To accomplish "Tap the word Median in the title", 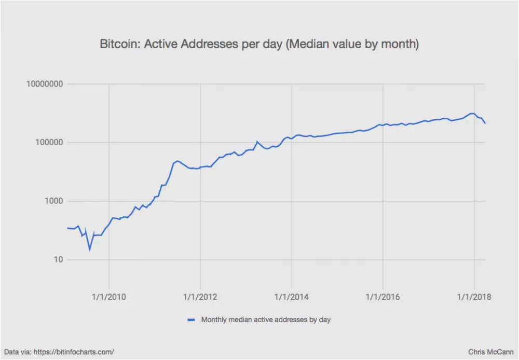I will tap(308, 45).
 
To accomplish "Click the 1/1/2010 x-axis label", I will tap(109, 297).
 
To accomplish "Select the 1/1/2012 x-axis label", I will tap(200, 297).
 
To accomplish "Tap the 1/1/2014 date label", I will tap(292, 297).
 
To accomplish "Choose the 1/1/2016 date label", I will tap(383, 297).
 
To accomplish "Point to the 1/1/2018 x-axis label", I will tap(474, 297).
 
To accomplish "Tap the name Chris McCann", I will tap(490, 352).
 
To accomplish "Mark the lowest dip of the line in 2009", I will tap(90, 250).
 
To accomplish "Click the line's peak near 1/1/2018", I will tap(472, 113).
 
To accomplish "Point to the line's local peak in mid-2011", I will tap(177, 161).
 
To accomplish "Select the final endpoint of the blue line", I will tap(485, 123).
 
